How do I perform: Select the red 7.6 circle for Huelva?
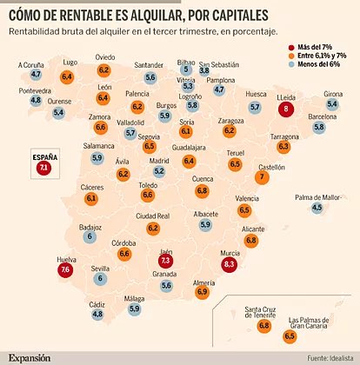tap(66, 269)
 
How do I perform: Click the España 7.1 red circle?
tap(44, 167)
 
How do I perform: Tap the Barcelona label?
tap(321, 116)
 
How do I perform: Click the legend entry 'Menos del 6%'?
tap(318, 65)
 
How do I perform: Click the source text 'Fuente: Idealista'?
tap(328, 357)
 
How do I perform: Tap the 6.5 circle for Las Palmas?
tap(290, 335)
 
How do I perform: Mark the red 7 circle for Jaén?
tap(166, 259)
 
